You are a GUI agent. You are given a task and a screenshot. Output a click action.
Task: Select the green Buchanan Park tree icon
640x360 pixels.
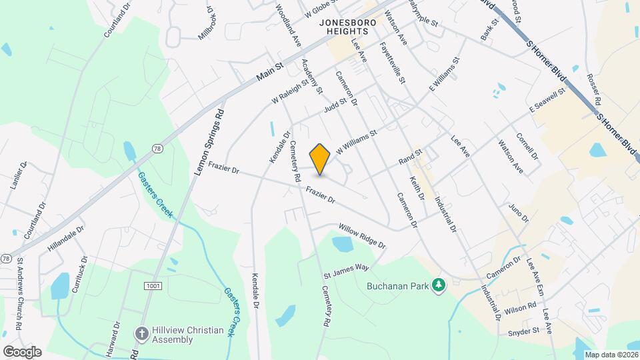click(x=439, y=286)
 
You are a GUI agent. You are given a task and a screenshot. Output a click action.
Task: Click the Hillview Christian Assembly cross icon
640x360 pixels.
click(x=141, y=332)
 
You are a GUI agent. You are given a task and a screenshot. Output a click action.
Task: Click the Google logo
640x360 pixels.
click(x=21, y=351)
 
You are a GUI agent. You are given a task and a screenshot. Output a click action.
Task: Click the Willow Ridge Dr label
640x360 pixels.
click(x=362, y=235)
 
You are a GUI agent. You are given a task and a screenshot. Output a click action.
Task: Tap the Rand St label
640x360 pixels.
click(x=411, y=157)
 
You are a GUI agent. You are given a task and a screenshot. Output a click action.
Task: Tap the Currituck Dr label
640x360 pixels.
click(x=82, y=272)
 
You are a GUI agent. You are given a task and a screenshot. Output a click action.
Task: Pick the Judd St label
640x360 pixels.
click(x=336, y=105)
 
